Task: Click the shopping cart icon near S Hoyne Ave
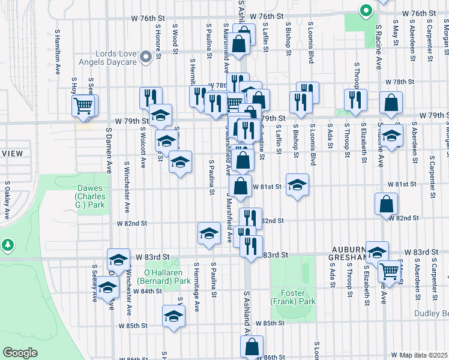[x=83, y=106]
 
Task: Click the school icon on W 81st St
[x=297, y=185]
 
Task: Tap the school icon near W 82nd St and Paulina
[x=209, y=233]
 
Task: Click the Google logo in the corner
[x=19, y=353]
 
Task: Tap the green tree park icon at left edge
[x=7, y=245]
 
